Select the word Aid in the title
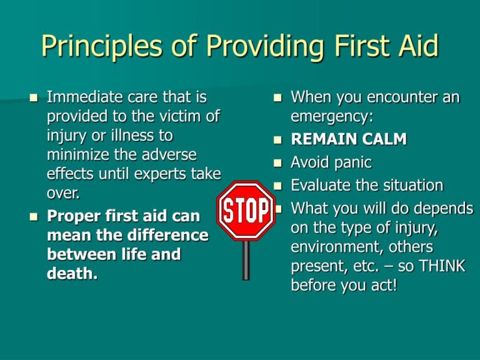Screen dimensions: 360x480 coord(414,47)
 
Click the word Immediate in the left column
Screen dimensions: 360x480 coord(80,97)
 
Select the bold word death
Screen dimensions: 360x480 coord(72,274)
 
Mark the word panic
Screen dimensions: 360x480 coord(349,162)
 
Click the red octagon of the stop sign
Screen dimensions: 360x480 coord(246,211)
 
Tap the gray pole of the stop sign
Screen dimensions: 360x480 coord(246,259)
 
